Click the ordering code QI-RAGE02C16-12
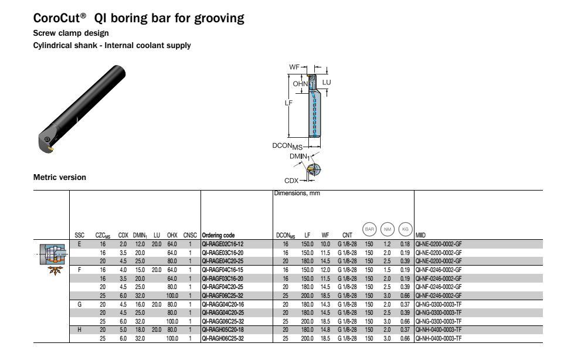(223, 244)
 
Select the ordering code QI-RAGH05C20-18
(223, 330)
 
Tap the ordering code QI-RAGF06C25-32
(223, 296)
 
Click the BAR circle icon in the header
(369, 229)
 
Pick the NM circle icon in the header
(388, 229)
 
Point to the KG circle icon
(405, 229)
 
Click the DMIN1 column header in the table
(140, 236)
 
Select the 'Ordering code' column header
(218, 235)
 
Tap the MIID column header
(420, 235)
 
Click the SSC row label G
(79, 304)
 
